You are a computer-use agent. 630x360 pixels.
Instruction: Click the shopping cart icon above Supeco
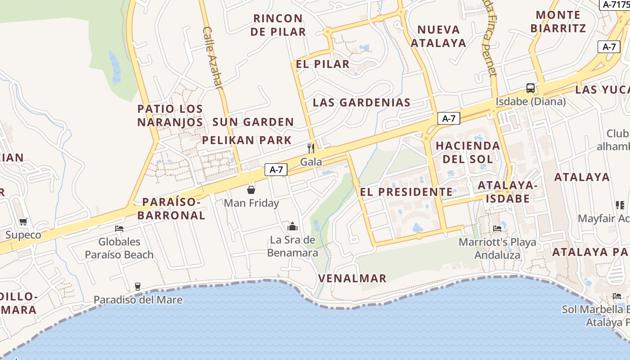[23, 221]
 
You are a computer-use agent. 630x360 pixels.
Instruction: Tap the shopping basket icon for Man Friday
[251, 189]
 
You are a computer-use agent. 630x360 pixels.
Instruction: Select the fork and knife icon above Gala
[310, 148]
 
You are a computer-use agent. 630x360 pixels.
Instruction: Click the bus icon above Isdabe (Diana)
[531, 88]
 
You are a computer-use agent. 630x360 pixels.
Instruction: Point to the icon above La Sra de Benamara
[292, 226]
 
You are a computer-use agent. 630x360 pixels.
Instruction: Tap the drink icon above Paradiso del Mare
[138, 286]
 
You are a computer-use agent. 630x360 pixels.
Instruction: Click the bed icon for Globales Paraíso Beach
[119, 229]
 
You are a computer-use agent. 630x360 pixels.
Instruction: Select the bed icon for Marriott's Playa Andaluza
[497, 229]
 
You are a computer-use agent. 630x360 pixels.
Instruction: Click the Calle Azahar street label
[213, 58]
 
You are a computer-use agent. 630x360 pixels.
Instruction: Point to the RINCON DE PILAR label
[278, 25]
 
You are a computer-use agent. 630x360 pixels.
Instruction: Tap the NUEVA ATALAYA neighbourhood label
[438, 36]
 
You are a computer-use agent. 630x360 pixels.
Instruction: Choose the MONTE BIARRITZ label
[558, 22]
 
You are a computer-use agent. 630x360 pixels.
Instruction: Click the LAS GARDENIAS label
[362, 103]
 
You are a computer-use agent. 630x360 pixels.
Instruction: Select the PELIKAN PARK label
[247, 140]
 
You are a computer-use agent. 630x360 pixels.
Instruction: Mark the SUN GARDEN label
[253, 122]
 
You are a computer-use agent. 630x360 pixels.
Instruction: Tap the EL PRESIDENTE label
[406, 192]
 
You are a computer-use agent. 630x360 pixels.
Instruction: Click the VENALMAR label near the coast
[352, 279]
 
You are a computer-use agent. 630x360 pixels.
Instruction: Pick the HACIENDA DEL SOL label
[468, 152]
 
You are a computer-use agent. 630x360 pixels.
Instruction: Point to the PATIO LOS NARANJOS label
[170, 116]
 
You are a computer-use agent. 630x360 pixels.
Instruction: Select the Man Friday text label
[252, 203]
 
